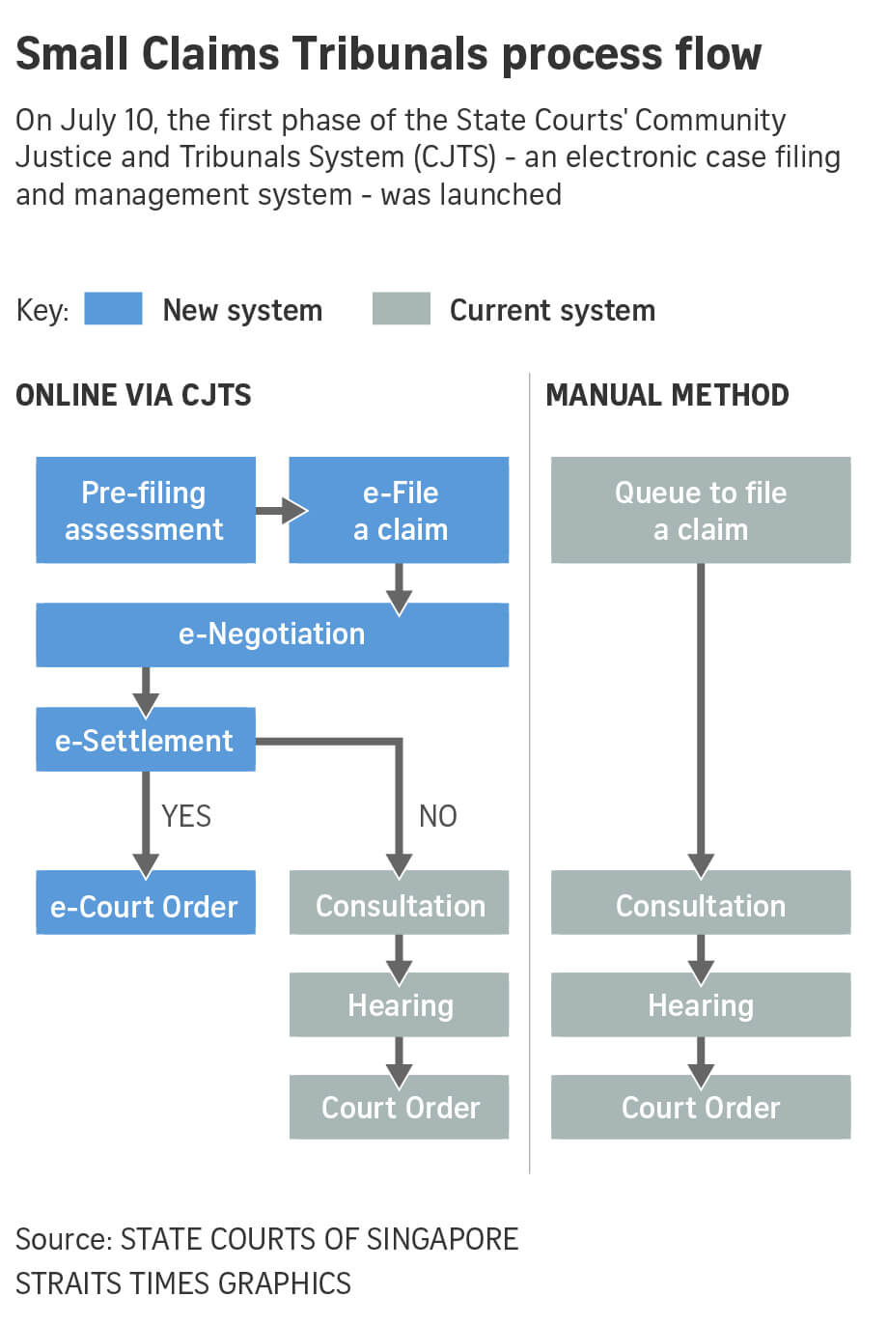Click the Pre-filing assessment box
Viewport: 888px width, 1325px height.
(x=145, y=510)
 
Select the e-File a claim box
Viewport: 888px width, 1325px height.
(x=399, y=510)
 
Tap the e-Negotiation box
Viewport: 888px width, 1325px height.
(x=272, y=634)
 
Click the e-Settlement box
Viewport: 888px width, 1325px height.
(x=145, y=740)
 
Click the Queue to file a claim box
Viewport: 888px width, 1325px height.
(x=700, y=510)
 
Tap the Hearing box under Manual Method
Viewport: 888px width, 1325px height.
(x=700, y=1004)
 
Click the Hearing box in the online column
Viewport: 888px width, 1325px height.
(x=399, y=1004)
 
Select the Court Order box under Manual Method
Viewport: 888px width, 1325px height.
(x=700, y=1107)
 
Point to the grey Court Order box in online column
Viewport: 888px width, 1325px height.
(x=399, y=1107)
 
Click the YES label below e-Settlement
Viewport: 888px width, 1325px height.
(x=185, y=816)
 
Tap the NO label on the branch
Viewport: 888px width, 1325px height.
(x=437, y=816)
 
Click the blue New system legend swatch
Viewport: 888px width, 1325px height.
(x=113, y=309)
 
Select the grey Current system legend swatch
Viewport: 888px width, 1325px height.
(x=401, y=309)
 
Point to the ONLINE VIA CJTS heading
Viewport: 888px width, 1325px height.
(x=133, y=395)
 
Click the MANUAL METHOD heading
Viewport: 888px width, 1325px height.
(x=667, y=395)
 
